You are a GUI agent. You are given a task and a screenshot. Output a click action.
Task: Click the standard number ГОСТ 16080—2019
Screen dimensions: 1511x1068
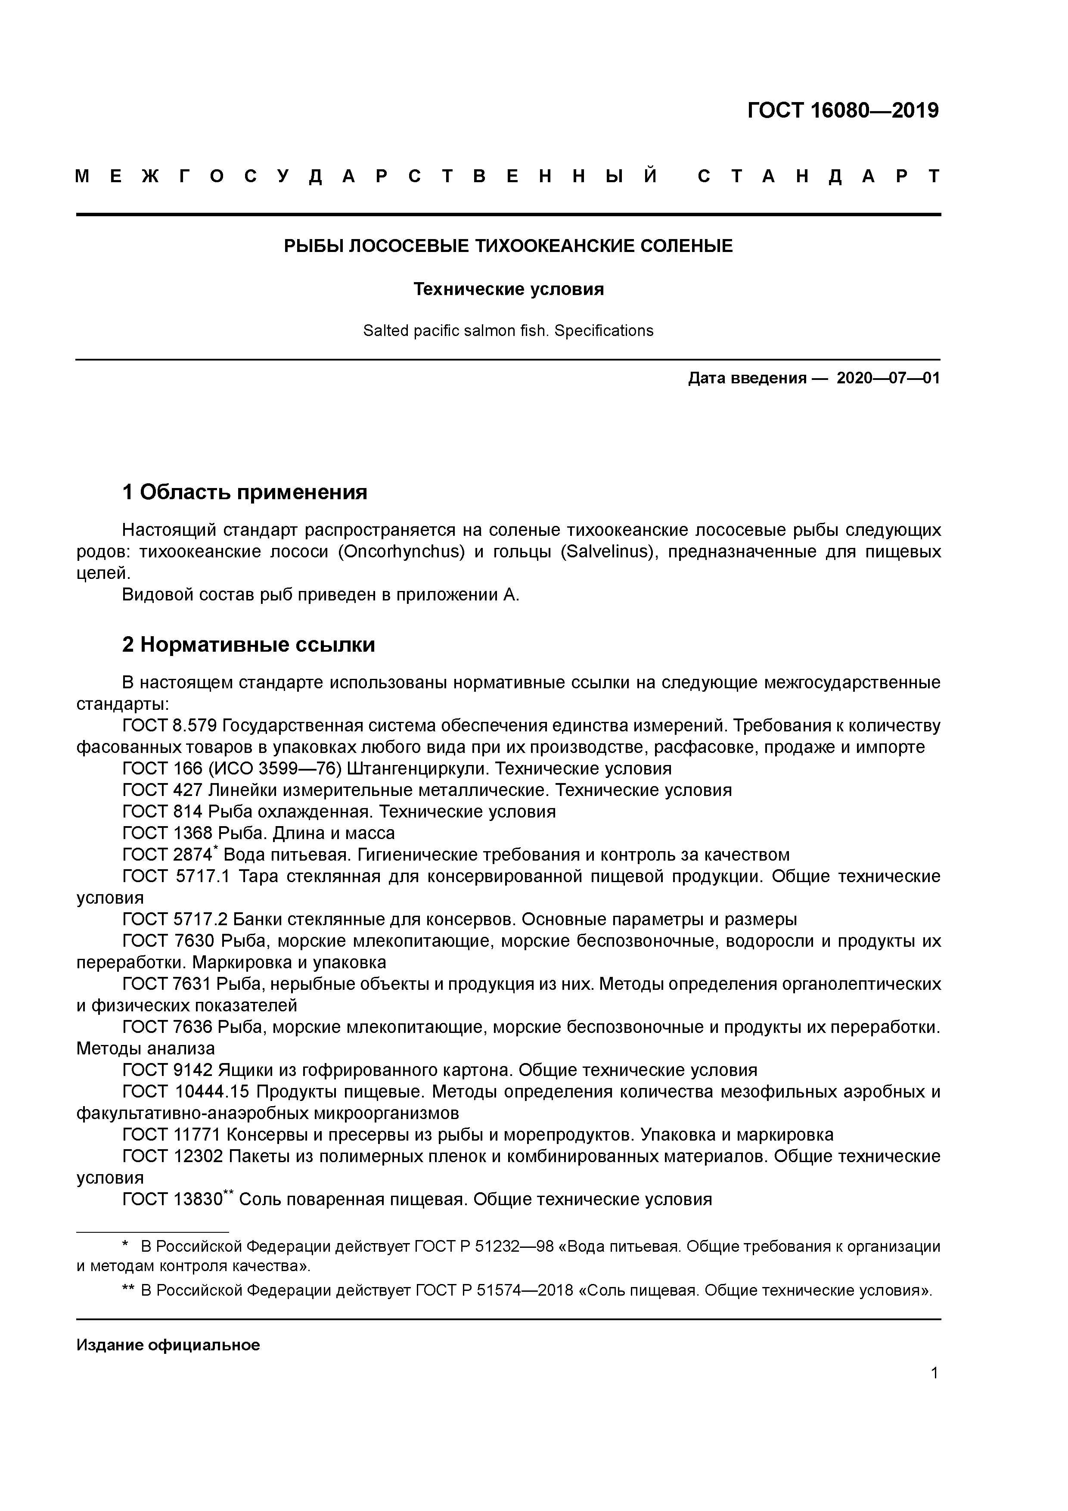pyautogui.click(x=843, y=111)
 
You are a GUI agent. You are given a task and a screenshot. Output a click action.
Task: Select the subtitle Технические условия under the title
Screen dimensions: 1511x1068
pyautogui.click(x=508, y=289)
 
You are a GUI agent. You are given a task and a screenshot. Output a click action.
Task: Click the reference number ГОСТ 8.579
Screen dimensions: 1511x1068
pyautogui.click(x=170, y=726)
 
